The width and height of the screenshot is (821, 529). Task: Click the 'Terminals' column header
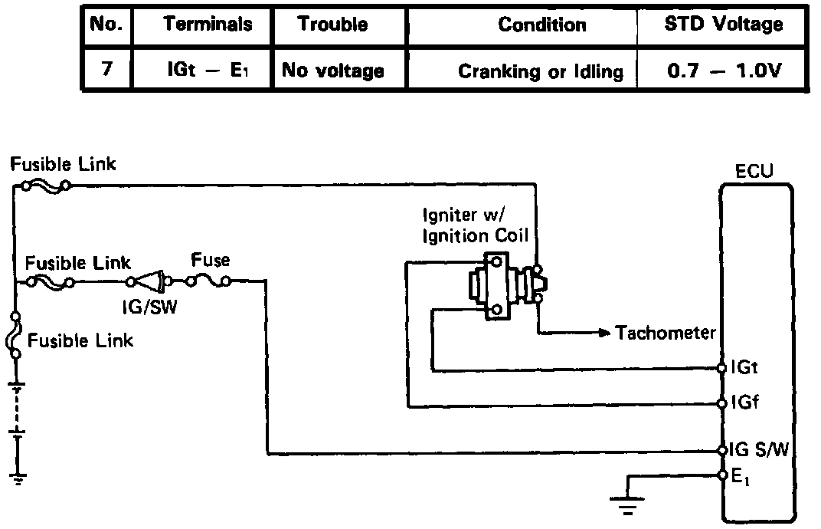point(207,24)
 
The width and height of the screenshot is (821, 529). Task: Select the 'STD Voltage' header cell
point(723,24)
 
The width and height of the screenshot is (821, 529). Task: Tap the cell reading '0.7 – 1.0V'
point(723,71)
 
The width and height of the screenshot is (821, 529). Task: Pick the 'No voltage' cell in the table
point(333,71)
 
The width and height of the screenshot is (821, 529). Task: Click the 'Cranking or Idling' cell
point(540,72)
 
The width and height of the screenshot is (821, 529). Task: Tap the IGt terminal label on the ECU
point(744,368)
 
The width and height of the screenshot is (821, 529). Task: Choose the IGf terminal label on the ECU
point(744,402)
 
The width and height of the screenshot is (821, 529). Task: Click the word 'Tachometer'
point(666,333)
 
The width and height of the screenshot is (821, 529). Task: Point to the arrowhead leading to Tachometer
point(604,333)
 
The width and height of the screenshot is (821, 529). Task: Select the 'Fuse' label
point(211,261)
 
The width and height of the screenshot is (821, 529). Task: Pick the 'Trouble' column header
point(332,24)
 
